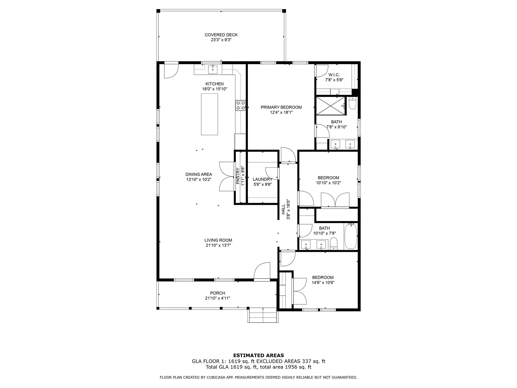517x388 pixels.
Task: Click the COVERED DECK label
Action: click(x=221, y=35)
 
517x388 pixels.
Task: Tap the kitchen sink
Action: click(x=213, y=69)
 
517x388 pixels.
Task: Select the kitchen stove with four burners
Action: click(x=241, y=105)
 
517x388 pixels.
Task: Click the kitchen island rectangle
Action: click(x=210, y=114)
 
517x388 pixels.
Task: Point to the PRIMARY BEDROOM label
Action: click(x=281, y=107)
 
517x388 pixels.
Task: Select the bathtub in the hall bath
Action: click(x=351, y=236)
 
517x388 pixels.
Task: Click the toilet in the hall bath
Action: click(x=334, y=244)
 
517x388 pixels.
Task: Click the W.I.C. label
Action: click(x=334, y=75)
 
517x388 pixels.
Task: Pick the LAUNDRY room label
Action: click(x=263, y=179)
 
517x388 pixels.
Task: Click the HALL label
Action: click(x=283, y=209)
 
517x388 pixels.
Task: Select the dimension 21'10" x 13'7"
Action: click(x=218, y=245)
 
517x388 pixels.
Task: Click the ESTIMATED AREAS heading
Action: click(x=258, y=355)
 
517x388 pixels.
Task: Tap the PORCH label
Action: click(x=218, y=293)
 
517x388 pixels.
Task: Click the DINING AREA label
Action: click(x=199, y=174)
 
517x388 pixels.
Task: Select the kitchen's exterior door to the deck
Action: click(x=171, y=70)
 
